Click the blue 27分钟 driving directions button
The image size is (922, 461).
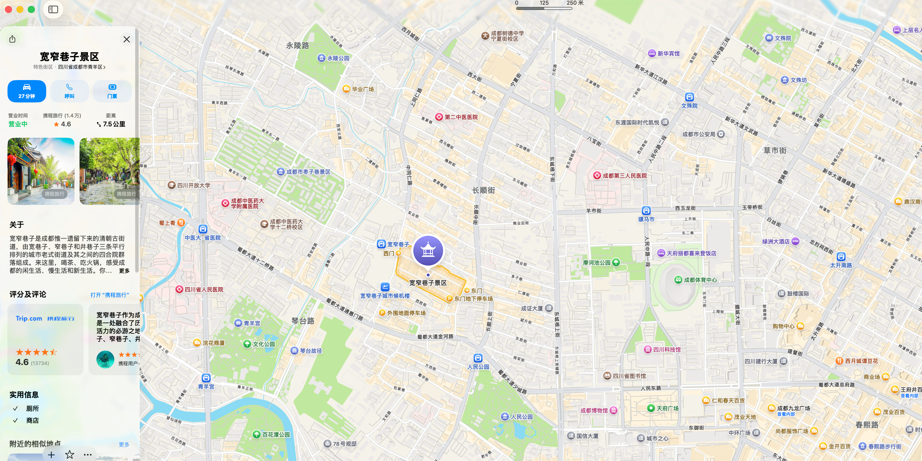(x=27, y=91)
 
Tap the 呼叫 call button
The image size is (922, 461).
(x=69, y=91)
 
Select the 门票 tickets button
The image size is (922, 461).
(x=112, y=91)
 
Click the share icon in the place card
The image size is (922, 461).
(x=12, y=39)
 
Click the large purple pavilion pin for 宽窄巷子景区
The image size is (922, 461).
(x=428, y=251)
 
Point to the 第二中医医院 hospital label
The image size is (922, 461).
(x=461, y=117)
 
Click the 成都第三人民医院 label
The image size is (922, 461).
(x=624, y=176)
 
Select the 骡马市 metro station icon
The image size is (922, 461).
(x=646, y=211)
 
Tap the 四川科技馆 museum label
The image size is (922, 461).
(x=667, y=350)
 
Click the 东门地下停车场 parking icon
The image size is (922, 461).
(x=449, y=299)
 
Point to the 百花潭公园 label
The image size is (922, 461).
(x=276, y=434)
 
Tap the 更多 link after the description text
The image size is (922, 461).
(x=124, y=271)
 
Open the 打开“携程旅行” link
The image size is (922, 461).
(x=110, y=295)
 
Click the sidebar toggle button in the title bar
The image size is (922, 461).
(x=53, y=9)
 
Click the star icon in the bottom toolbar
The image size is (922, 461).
(x=69, y=455)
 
